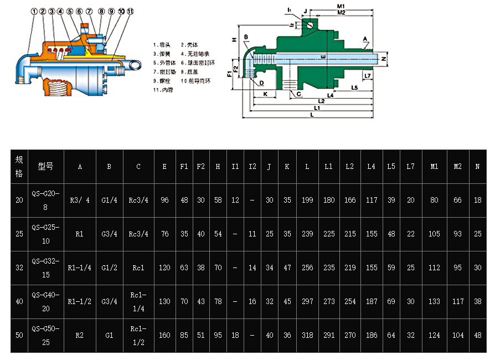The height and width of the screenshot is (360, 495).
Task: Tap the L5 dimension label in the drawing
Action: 354,88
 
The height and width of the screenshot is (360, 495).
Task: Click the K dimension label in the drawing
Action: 266,94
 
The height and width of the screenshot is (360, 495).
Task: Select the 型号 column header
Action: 45,166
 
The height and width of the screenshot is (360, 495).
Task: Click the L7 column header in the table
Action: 410,166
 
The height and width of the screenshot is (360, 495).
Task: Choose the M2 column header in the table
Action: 458,166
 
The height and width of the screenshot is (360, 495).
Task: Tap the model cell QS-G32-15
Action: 45,268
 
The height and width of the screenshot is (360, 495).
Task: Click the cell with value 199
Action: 307,200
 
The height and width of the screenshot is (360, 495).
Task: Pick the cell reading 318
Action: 307,335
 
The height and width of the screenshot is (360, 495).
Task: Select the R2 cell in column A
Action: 79,335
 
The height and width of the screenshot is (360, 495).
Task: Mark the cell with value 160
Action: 164,335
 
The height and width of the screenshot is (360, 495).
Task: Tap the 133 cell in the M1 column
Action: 434,301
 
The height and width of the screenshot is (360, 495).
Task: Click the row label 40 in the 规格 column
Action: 19,301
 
